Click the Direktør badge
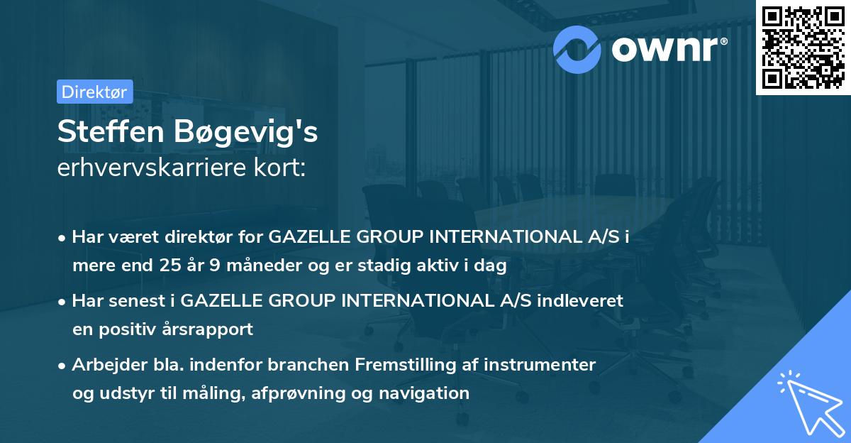tap(94, 92)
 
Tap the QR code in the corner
tap(802, 48)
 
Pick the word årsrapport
tap(211, 329)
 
